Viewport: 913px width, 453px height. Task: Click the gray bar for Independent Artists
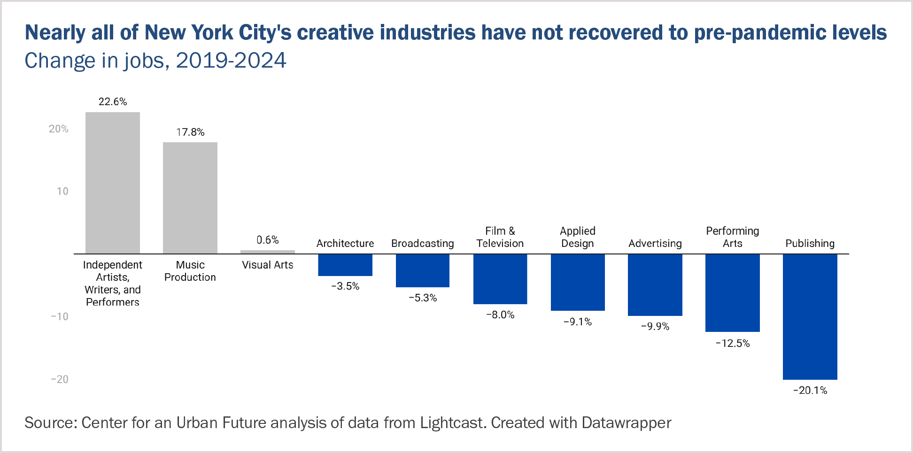coord(113,183)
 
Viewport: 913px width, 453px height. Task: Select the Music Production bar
coord(190,198)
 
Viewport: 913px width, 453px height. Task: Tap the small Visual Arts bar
coord(268,252)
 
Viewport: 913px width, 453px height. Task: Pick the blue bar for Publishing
coord(810,316)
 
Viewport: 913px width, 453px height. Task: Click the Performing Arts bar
coord(732,293)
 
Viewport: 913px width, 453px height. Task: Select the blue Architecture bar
coord(345,265)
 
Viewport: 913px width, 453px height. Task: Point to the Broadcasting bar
coord(423,270)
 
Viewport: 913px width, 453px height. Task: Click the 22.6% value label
coord(113,102)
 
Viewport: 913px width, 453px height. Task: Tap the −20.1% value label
coord(810,391)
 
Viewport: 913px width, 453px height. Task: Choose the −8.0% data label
coord(500,315)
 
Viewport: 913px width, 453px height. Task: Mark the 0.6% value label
coord(268,240)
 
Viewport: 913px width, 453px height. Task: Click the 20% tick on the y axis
coord(59,129)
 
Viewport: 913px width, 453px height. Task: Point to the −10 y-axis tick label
coord(60,317)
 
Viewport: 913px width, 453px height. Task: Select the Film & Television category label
coord(500,237)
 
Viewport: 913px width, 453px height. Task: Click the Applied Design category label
coord(578,237)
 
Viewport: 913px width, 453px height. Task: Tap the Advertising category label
coord(655,244)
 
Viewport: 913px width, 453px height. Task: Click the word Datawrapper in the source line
coord(627,423)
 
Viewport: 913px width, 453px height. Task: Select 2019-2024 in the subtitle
coord(231,61)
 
